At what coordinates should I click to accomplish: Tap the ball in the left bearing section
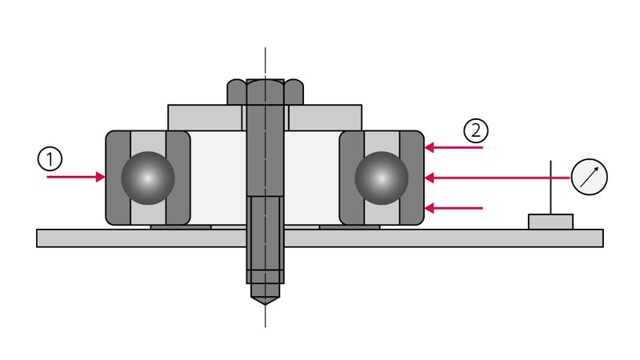148,178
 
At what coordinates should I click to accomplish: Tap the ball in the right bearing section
382,178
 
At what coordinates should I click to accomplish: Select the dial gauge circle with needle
590,177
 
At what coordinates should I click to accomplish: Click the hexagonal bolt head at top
265,91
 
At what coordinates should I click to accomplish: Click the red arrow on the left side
76,177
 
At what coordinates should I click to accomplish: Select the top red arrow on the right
454,148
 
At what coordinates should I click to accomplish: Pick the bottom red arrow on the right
454,208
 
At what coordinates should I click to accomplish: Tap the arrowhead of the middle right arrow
429,177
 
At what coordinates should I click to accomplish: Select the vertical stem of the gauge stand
550,188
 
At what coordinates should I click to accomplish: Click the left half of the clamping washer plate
204,118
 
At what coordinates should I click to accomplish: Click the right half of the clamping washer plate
325,118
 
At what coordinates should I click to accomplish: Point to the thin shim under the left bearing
181,226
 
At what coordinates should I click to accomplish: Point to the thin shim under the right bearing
350,226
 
